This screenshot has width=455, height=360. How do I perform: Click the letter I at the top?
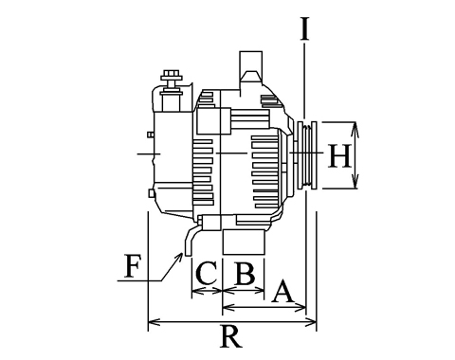click(x=304, y=29)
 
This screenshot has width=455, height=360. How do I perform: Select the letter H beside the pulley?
click(x=339, y=155)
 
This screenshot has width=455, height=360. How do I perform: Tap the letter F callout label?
click(x=133, y=266)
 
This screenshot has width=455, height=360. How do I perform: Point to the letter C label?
click(x=207, y=273)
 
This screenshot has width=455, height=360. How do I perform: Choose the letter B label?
click(x=246, y=273)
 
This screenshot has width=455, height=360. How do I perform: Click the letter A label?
click(x=282, y=291)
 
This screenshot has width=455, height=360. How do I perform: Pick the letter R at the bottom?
click(x=231, y=336)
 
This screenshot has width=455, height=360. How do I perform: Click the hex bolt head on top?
click(x=171, y=75)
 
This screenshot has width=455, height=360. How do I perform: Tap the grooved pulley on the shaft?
click(x=306, y=155)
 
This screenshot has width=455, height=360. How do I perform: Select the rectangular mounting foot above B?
click(x=244, y=243)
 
